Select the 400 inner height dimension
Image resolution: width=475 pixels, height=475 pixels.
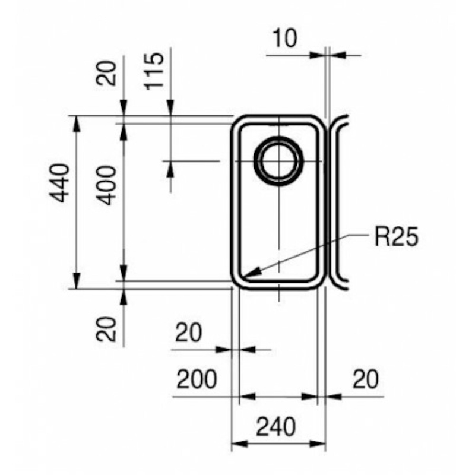tap(106, 185)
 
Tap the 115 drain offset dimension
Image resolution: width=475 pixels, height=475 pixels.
tap(154, 71)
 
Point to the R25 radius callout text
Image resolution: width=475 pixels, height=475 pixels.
tap(397, 236)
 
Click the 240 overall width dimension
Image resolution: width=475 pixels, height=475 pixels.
tap(275, 426)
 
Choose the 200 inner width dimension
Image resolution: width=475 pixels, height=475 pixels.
tap(197, 379)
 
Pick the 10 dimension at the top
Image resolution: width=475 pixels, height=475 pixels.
tap(286, 38)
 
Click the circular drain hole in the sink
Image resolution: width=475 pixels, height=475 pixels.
tap(279, 160)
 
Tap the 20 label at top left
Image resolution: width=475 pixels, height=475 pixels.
tap(106, 73)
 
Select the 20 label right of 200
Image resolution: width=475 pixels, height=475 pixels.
tap(366, 379)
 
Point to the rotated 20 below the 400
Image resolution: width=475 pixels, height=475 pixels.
tap(106, 329)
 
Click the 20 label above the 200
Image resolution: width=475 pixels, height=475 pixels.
tap(188, 332)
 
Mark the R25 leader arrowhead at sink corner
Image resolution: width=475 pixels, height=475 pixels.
tap(250, 273)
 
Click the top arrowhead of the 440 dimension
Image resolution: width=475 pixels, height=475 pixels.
tap(77, 123)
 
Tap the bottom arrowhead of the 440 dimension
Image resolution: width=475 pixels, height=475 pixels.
tap(77, 281)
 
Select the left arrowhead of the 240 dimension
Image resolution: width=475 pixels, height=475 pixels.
tap(239, 444)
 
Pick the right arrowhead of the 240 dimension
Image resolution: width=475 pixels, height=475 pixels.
tap(317, 444)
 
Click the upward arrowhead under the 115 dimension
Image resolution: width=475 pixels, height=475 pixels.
tap(170, 169)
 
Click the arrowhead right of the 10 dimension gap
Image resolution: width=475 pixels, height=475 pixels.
tap(337, 55)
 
